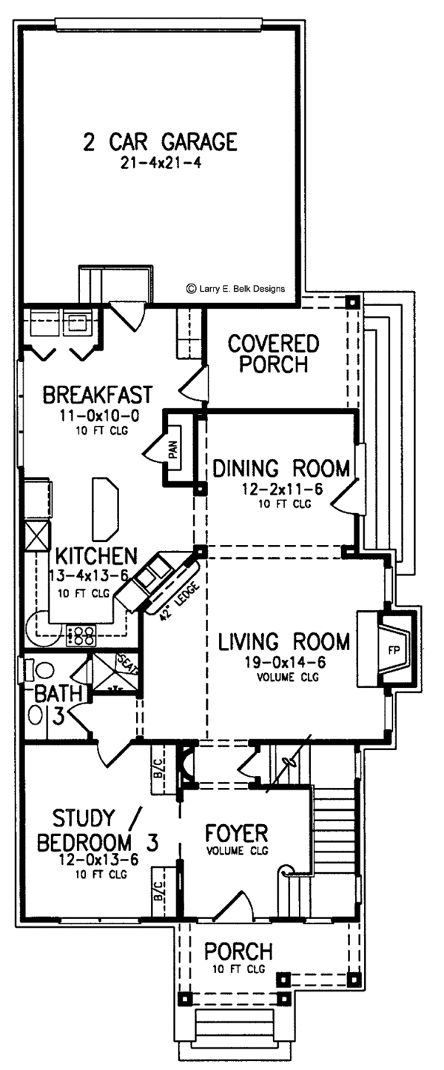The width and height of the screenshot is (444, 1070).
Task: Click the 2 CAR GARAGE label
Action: (x=160, y=142)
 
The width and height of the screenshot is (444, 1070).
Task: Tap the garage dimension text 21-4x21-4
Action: (x=161, y=164)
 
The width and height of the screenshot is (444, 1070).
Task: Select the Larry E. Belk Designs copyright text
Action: (x=236, y=289)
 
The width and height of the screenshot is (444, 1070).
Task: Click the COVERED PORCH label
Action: (x=273, y=353)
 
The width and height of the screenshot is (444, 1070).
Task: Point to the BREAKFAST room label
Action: (x=98, y=395)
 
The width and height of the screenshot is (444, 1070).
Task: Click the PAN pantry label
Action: (x=173, y=449)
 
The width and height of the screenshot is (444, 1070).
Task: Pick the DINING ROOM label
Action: (x=281, y=469)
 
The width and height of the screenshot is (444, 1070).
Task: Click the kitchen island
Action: (x=105, y=509)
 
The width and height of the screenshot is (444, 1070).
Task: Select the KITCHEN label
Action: (x=96, y=556)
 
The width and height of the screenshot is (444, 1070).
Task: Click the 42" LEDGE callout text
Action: (x=177, y=602)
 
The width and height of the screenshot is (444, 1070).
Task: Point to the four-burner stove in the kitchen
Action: (x=83, y=635)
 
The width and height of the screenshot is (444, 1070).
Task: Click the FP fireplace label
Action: (x=394, y=650)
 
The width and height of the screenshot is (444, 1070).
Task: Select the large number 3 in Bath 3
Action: (x=58, y=716)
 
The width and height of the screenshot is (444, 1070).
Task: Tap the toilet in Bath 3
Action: (x=42, y=671)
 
